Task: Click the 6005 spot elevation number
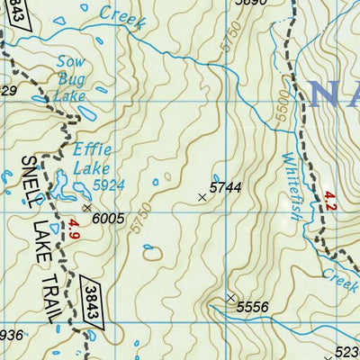[108, 218]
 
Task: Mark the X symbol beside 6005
[86, 207]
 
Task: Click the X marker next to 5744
[202, 195]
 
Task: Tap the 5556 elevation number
[253, 308]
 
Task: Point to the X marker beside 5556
[230, 297]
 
